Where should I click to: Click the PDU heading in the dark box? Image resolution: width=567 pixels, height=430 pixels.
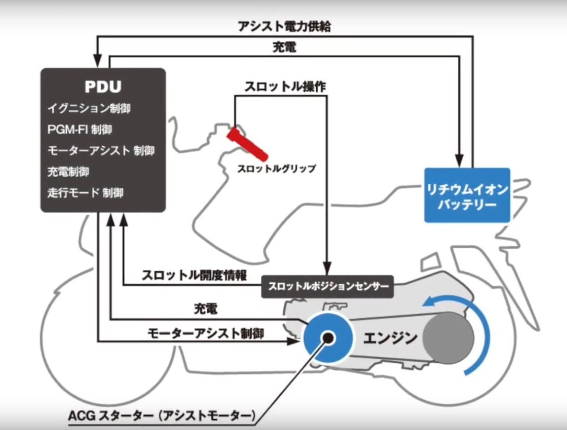(x=103, y=86)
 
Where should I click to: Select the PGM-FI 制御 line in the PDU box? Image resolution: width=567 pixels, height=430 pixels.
(x=79, y=129)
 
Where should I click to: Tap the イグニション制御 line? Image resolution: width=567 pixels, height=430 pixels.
(x=89, y=108)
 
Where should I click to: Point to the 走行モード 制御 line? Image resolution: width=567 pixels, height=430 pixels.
(x=85, y=193)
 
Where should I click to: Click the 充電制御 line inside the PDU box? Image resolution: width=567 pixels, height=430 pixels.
(x=68, y=172)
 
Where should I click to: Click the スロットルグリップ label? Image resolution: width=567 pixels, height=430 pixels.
(x=276, y=169)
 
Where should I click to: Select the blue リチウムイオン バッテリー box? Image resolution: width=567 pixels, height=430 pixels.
(x=467, y=195)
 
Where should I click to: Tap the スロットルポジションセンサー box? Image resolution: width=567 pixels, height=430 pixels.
(x=327, y=287)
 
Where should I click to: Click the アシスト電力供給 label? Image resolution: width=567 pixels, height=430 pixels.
(x=284, y=26)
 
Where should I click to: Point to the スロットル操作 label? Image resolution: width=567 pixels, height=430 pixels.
(x=285, y=86)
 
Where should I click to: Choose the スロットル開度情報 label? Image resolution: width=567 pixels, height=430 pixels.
(x=194, y=275)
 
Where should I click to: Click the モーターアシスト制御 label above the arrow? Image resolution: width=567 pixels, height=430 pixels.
(x=206, y=334)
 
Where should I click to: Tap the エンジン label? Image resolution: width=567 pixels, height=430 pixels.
(x=390, y=338)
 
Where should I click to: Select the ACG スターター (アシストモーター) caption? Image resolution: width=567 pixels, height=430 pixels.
(x=162, y=415)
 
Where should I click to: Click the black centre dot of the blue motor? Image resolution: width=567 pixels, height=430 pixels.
(x=328, y=337)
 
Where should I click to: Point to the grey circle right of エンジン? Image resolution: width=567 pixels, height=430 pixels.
(x=448, y=337)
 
